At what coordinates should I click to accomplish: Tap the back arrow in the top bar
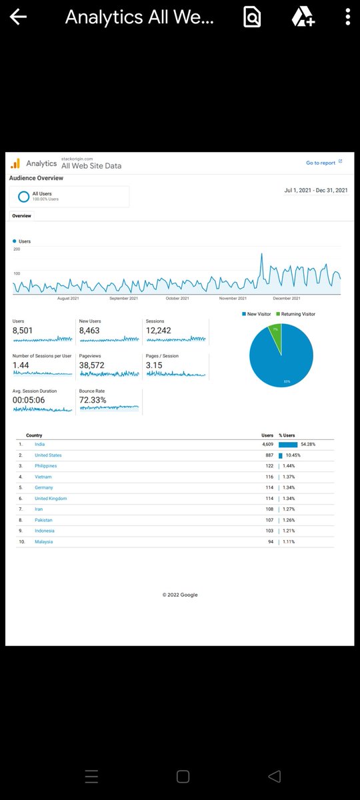point(18,17)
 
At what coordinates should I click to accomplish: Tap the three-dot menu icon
point(348,17)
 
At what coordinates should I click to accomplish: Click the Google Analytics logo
point(15,163)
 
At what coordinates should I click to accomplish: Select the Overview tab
point(21,216)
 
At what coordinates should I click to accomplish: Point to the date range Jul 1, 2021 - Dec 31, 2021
point(315,191)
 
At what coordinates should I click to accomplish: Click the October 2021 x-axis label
point(177,299)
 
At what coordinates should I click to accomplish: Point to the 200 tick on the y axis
point(17,249)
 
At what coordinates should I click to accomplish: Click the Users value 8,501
point(22,331)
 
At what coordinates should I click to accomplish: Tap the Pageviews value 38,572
point(92,365)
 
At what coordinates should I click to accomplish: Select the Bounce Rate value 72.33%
point(93,400)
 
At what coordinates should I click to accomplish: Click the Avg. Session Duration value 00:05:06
point(29,400)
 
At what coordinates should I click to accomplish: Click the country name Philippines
point(45,466)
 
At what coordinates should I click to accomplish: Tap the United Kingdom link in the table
point(51,499)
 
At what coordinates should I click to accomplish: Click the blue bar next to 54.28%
point(288,445)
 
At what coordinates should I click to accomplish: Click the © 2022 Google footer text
point(180,595)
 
